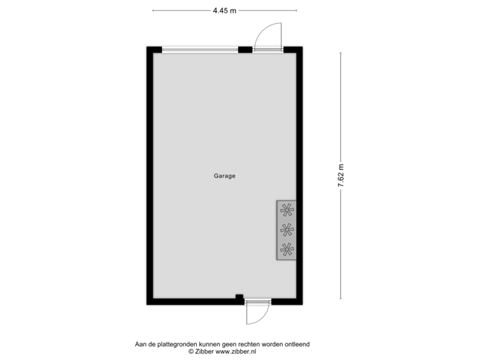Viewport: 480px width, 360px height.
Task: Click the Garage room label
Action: (225, 177)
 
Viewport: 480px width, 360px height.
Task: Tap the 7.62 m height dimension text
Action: (341, 176)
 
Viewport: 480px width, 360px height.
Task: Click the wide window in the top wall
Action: (200, 49)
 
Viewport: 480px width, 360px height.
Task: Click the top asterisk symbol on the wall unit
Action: (287, 211)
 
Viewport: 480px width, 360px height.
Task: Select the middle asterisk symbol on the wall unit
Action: (287, 231)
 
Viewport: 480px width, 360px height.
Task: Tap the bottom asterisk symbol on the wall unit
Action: (287, 250)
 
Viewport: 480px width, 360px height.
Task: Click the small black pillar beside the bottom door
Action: (239, 297)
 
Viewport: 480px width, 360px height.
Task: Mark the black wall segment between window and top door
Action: (245, 49)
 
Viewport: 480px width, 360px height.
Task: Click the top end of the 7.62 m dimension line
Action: (341, 54)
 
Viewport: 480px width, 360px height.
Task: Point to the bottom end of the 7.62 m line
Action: (341, 299)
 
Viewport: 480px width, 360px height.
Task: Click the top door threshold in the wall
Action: (267, 49)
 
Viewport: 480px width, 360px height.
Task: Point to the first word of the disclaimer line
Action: (141, 344)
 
